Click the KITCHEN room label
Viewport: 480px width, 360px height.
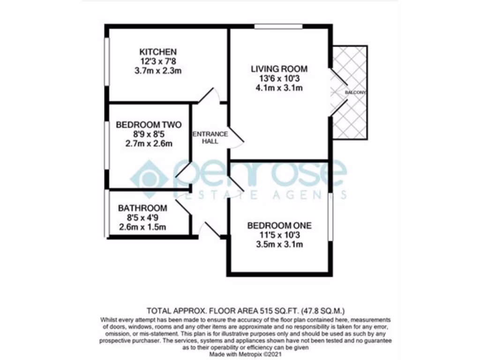(157, 52)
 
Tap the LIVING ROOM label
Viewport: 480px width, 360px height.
(279, 69)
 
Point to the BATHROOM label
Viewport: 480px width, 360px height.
(142, 208)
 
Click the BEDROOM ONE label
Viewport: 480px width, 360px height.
(279, 225)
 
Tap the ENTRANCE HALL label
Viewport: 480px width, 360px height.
(210, 137)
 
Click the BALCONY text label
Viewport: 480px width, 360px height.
(355, 93)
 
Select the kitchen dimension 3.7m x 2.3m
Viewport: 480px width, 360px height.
(157, 71)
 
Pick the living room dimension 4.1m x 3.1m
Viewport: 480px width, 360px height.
(279, 88)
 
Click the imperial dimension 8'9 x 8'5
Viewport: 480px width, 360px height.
(149, 135)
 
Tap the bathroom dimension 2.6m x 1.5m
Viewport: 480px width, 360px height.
(142, 228)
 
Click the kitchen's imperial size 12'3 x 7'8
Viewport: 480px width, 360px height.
(157, 61)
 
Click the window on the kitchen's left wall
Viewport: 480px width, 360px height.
(107, 61)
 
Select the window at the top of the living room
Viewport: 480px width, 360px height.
(278, 27)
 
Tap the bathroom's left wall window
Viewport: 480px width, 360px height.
(107, 213)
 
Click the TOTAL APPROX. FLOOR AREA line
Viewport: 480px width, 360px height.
(246, 310)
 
